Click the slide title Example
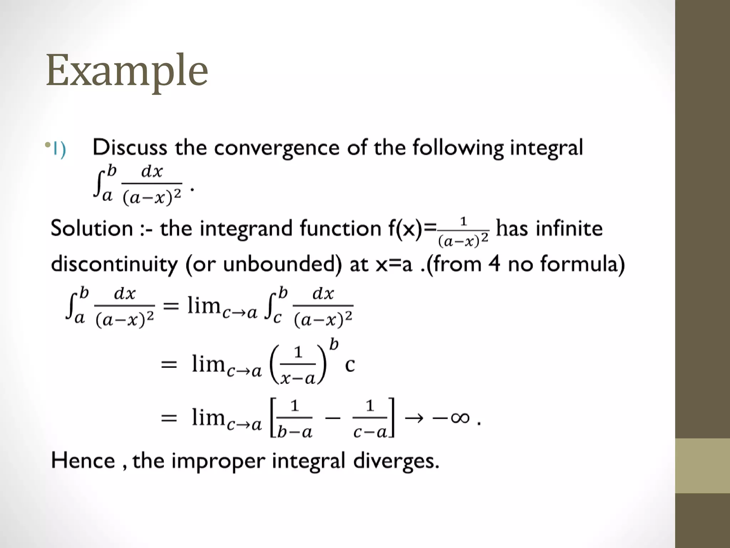[127, 70]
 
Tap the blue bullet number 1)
[59, 149]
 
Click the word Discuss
[130, 147]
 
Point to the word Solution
[92, 228]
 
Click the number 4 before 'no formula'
[494, 264]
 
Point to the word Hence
[83, 460]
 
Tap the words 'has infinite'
[549, 228]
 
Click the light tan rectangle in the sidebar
[702, 466]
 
